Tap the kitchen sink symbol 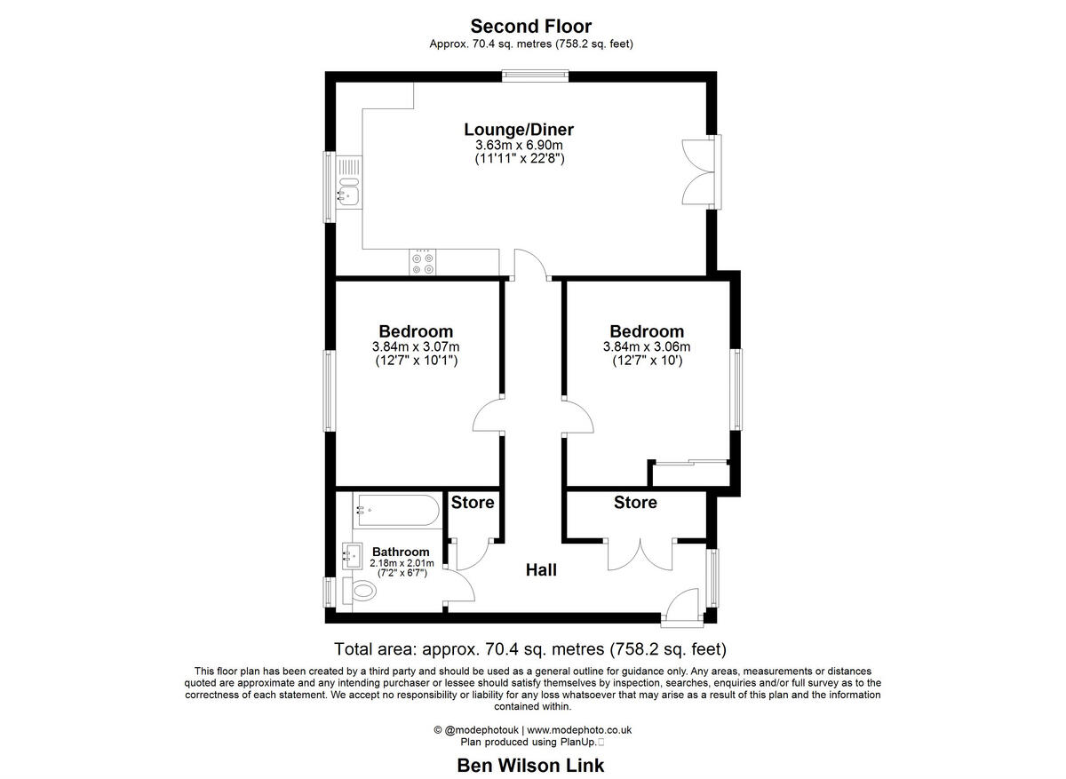click(x=348, y=192)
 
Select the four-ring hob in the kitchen click(x=423, y=262)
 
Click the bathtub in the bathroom click(x=396, y=512)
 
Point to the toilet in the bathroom click(x=363, y=590)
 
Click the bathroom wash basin click(x=349, y=556)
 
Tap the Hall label click(x=541, y=570)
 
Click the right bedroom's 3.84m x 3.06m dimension click(x=647, y=347)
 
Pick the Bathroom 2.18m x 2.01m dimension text click(x=400, y=562)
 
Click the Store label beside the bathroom click(x=473, y=503)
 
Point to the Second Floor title click(x=531, y=27)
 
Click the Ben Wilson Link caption click(x=530, y=765)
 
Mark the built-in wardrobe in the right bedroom click(x=690, y=473)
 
